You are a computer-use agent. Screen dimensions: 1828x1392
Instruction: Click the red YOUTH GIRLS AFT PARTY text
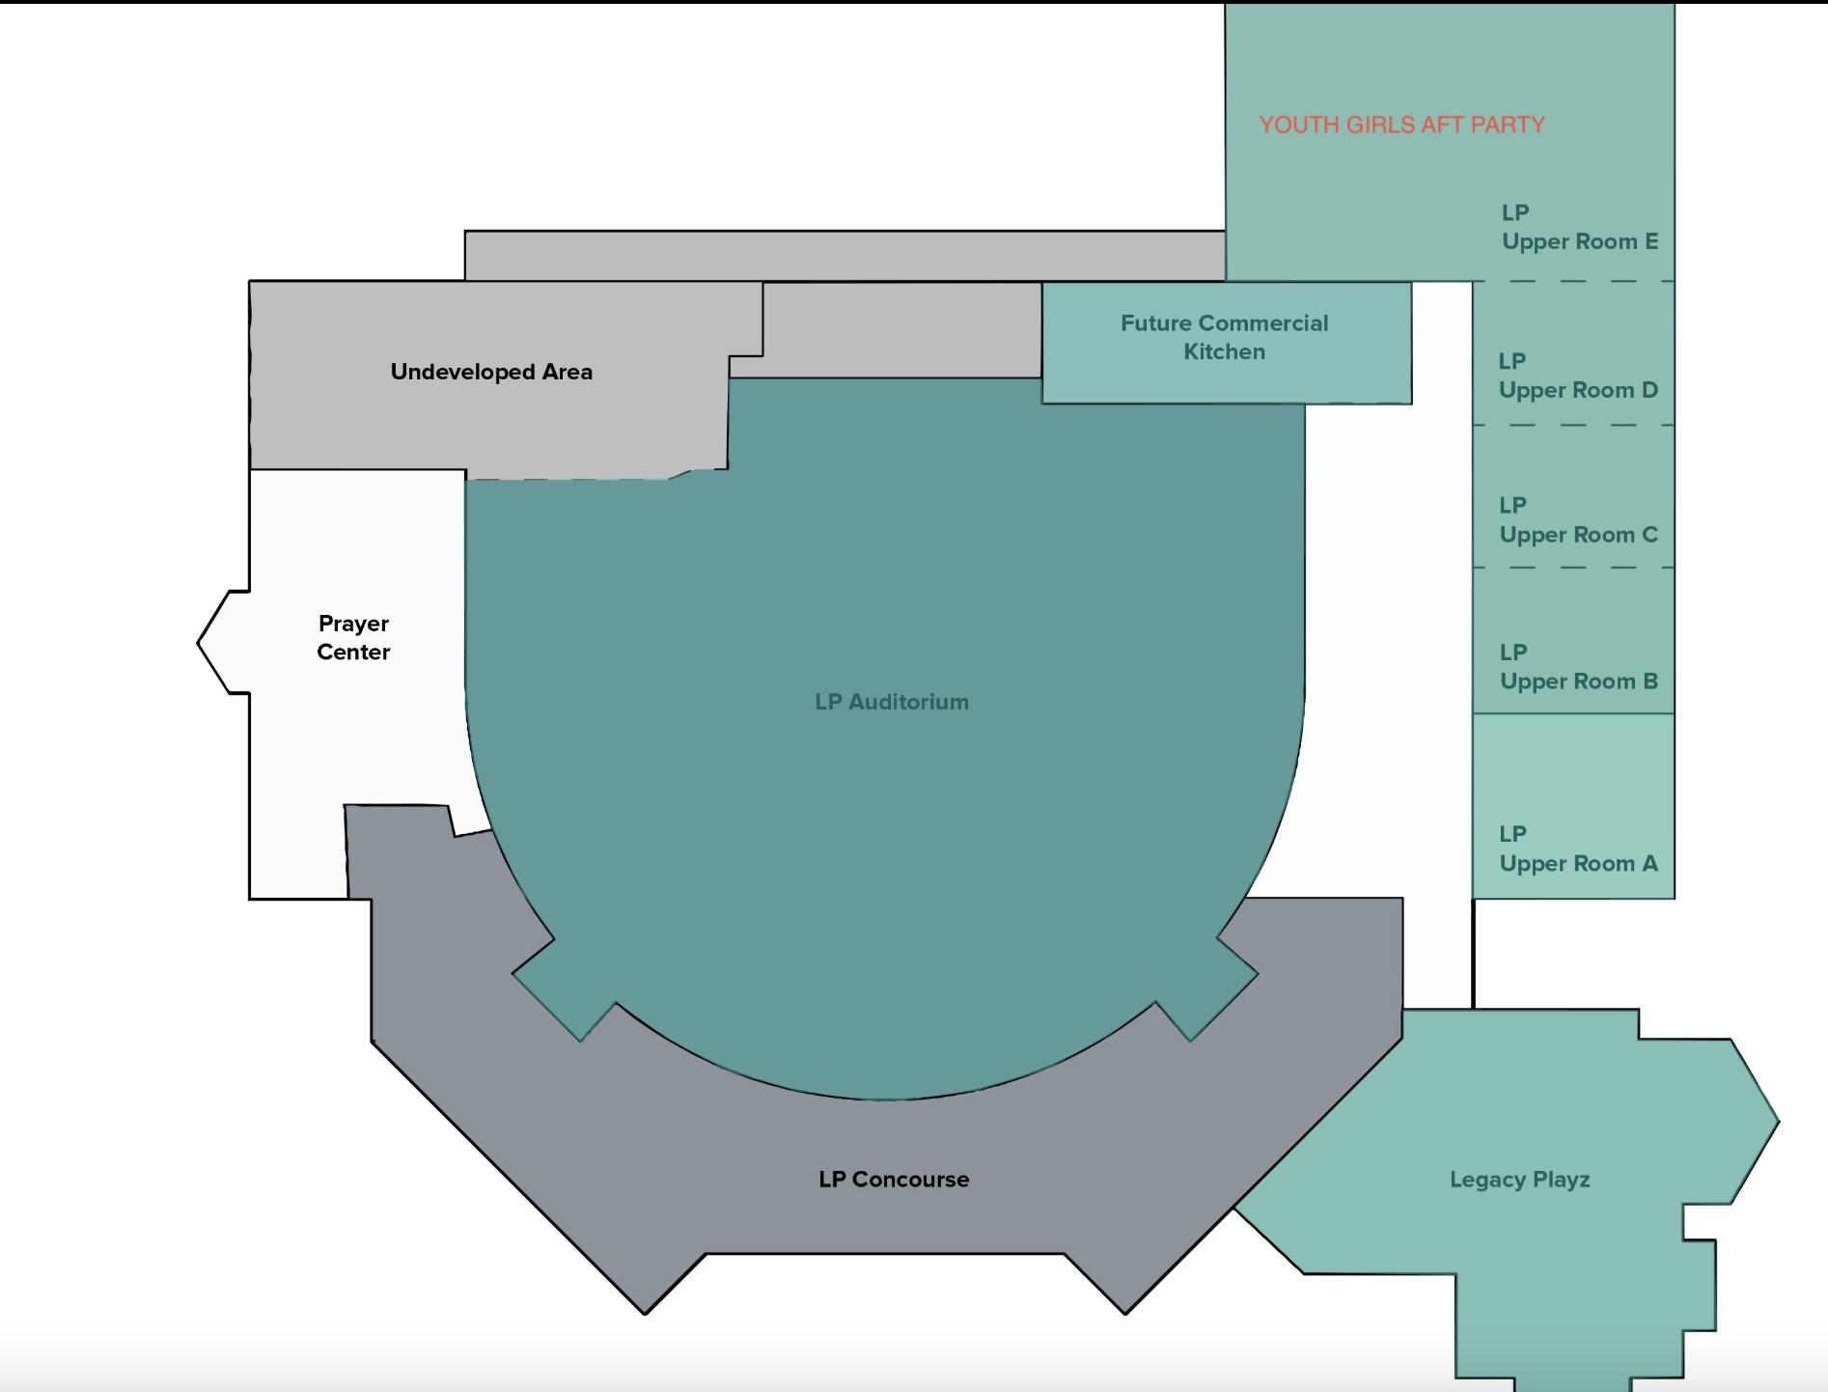pos(1401,125)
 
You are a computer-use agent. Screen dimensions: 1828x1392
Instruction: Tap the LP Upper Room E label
pos(1579,227)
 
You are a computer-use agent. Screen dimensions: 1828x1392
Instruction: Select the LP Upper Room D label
pos(1578,376)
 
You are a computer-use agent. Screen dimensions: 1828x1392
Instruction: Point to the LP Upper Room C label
pos(1578,520)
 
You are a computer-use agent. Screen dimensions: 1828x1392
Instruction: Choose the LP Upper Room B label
pos(1578,667)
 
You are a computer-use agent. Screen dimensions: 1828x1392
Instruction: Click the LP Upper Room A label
pos(1578,849)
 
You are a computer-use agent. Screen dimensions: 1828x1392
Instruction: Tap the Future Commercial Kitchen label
pos(1224,337)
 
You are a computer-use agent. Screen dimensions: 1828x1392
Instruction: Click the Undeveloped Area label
pos(491,372)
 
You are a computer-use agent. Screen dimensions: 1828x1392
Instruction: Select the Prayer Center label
pos(353,637)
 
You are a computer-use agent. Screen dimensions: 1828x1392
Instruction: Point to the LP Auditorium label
pos(892,702)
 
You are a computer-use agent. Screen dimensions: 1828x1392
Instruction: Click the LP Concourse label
pos(894,1179)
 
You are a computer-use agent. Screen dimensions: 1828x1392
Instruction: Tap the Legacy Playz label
pos(1519,1180)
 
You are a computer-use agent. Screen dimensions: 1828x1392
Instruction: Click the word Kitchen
pos(1224,351)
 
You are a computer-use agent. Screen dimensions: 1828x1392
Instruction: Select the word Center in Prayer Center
pos(353,652)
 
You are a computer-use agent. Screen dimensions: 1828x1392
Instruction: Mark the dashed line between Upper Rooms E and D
pos(1573,281)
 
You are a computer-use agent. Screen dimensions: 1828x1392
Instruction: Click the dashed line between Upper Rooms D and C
pos(1573,425)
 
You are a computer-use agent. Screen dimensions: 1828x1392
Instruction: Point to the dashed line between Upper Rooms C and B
pos(1573,568)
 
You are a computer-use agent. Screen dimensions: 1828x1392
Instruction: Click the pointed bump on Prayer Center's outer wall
pos(199,642)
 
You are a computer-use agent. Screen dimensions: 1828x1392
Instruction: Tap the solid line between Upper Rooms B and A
pos(1573,713)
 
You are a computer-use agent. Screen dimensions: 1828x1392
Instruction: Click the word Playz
pos(1561,1180)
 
